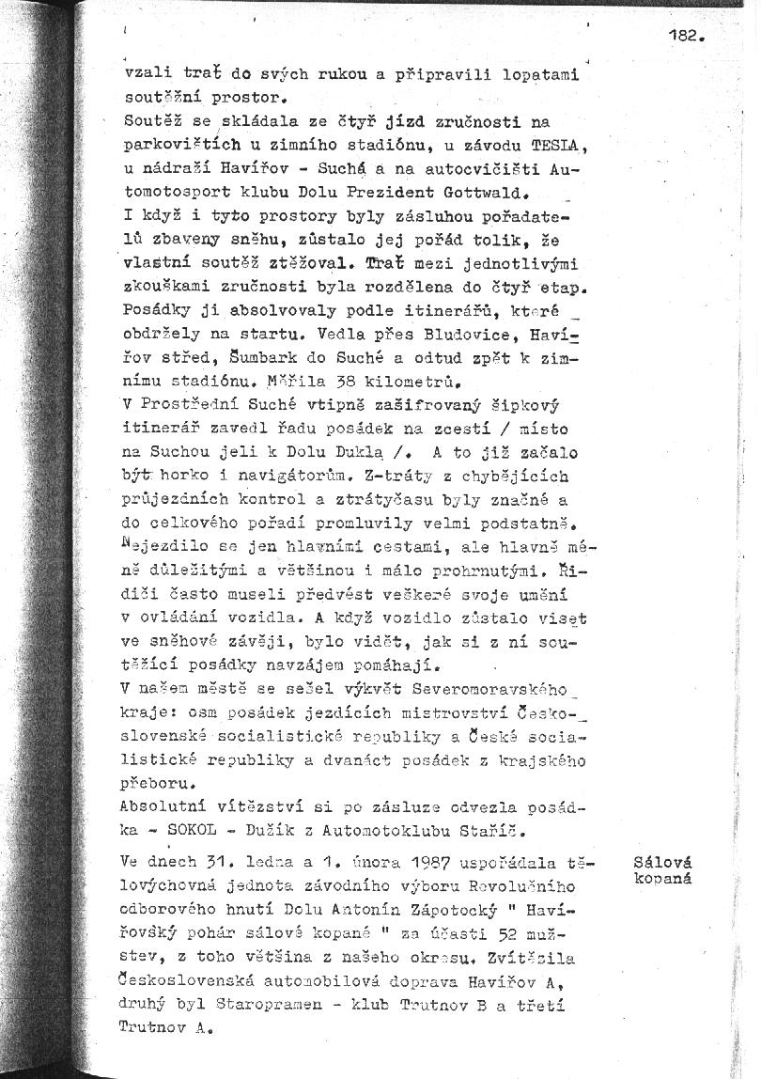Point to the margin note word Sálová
pos(662,862)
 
